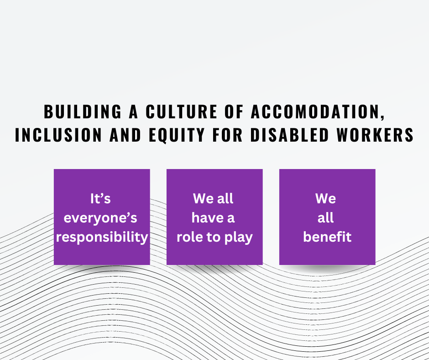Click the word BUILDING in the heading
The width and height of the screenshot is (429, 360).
82,111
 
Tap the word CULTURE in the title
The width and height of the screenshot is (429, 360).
181,111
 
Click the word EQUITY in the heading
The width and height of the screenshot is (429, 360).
177,135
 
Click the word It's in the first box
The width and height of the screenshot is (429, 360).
100,198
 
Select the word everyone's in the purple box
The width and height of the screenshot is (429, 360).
100,218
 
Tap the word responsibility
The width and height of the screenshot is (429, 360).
102,238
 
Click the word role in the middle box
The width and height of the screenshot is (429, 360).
188,237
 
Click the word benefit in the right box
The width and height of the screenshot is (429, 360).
327,237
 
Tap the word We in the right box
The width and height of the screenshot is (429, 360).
325,198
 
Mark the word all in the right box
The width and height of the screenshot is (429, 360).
325,218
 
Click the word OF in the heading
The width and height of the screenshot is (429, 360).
234,111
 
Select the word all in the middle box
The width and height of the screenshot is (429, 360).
225,198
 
